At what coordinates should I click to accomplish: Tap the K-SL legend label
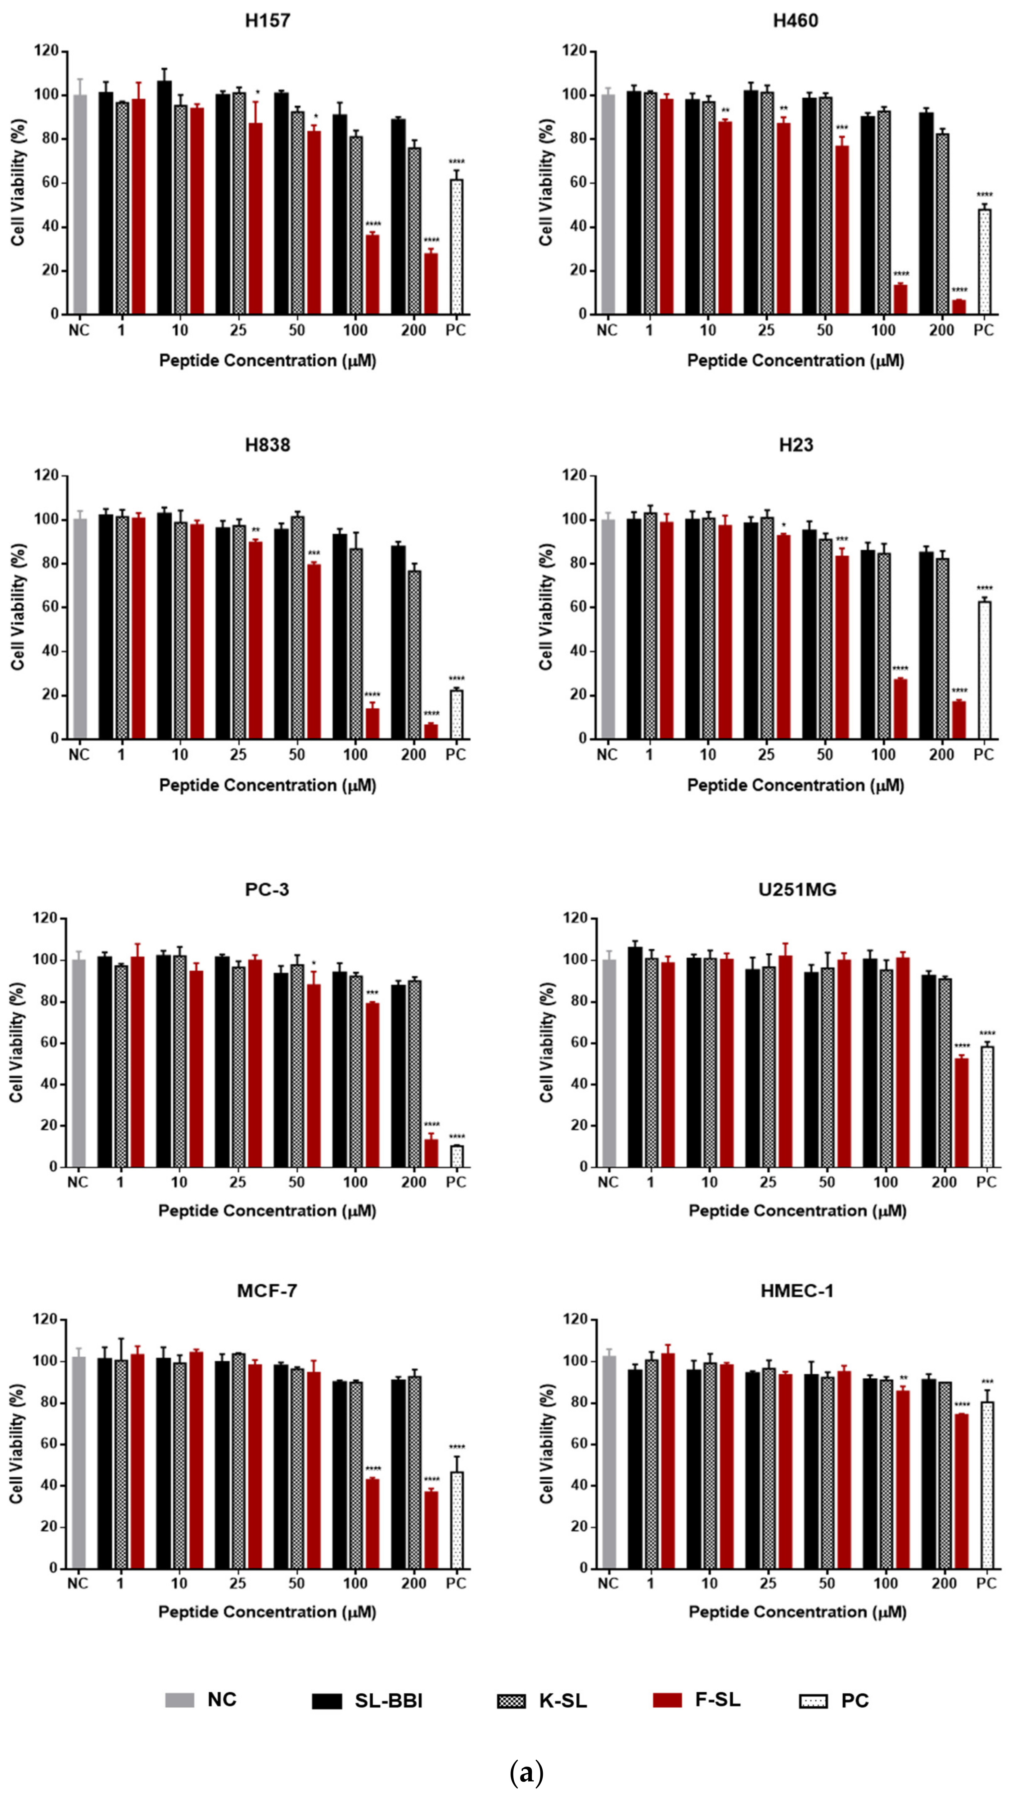(563, 1701)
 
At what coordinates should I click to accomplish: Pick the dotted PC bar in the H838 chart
(457, 714)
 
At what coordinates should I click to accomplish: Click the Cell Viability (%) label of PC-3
(17, 1042)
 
